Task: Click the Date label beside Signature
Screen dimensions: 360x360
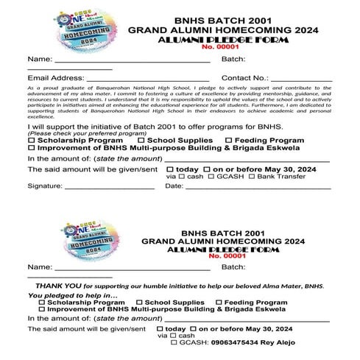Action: [x=174, y=186]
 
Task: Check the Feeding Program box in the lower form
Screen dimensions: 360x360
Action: [x=218, y=303]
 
